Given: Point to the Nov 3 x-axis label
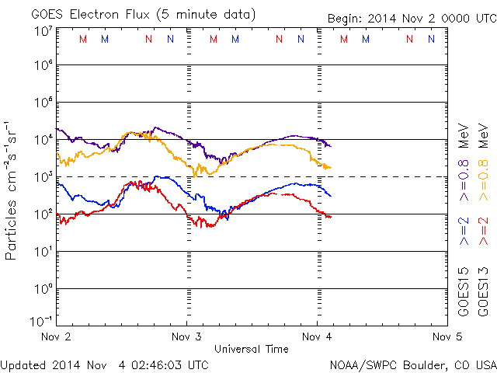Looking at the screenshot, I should point(185,337).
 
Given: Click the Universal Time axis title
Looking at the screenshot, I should point(251,349).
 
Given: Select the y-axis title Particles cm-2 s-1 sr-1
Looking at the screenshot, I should point(13,190).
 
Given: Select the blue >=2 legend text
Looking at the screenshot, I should point(464,232).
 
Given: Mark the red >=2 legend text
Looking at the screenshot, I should point(483,232).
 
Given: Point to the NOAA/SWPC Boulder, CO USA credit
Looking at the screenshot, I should point(412,364).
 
